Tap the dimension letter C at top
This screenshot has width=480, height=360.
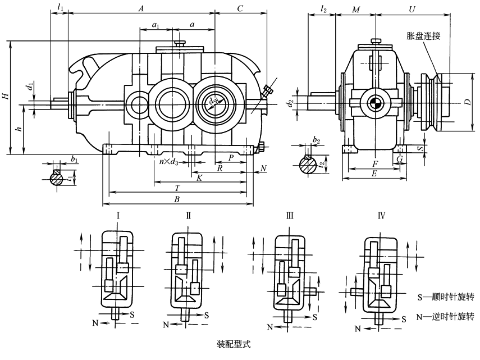(x=240, y=8)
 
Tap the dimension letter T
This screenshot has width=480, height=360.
(x=177, y=186)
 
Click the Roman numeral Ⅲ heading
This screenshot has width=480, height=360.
(x=290, y=216)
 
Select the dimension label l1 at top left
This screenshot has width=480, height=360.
(x=61, y=8)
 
